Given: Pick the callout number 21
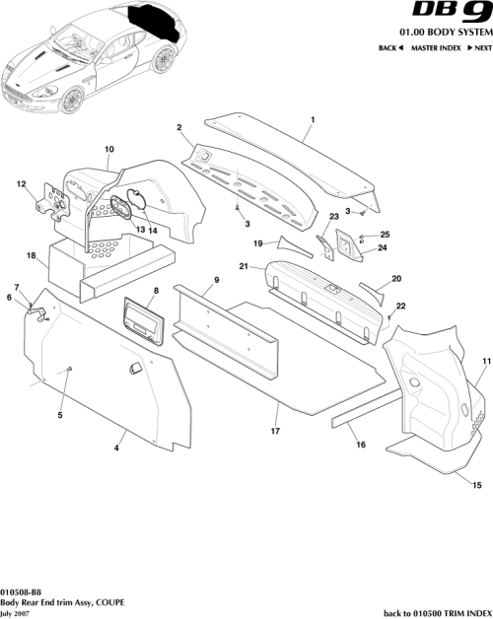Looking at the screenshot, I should click(242, 266).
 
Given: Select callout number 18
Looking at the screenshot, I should click(32, 256).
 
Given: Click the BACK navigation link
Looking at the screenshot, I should click(390, 48).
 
